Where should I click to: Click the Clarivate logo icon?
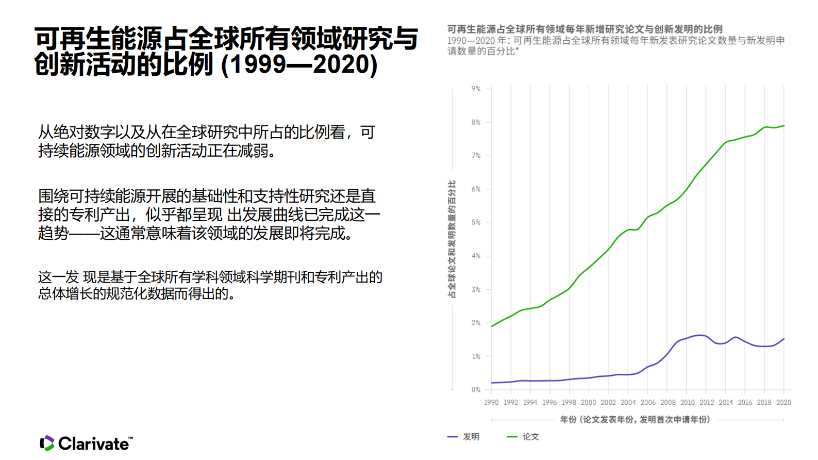pyautogui.click(x=47, y=443)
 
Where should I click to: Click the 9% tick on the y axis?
pyautogui.click(x=476, y=89)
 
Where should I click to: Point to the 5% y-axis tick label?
pyautogui.click(x=476, y=222)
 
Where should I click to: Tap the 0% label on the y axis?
pyautogui.click(x=476, y=389)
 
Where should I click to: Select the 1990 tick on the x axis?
pyautogui.click(x=491, y=402)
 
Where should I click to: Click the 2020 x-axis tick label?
pyautogui.click(x=783, y=402)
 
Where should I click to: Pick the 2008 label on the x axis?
pyautogui.click(x=667, y=402)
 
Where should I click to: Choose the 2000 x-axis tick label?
pyautogui.click(x=588, y=402)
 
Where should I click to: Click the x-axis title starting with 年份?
pyautogui.click(x=635, y=420)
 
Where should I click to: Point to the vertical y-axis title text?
pyautogui.click(x=452, y=239)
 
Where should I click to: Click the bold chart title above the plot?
pyautogui.click(x=585, y=29)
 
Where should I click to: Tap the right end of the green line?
pyautogui.click(x=784, y=126)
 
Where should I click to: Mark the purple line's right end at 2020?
pyautogui.click(x=784, y=339)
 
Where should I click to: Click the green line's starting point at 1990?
pyautogui.click(x=492, y=326)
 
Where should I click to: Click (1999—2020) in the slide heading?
pyautogui.click(x=299, y=64)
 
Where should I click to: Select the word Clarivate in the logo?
pyautogui.click(x=94, y=443)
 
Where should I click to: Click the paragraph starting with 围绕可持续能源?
pyautogui.click(x=209, y=215)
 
